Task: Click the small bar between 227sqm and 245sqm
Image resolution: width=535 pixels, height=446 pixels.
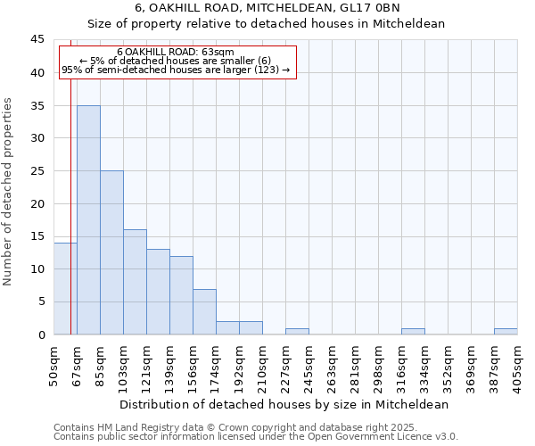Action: pos(297,331)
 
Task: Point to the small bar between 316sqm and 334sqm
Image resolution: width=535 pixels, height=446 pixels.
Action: pos(413,331)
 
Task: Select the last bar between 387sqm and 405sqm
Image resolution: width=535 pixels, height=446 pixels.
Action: pos(506,331)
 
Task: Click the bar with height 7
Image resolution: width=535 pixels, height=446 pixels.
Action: pos(204,311)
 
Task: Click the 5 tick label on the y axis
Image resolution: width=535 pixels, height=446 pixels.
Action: pos(41,301)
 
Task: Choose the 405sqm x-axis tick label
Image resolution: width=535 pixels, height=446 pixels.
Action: pos(518,365)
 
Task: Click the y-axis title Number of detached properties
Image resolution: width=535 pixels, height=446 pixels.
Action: pos(9,192)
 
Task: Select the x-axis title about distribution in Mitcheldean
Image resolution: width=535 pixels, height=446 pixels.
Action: pos(284,404)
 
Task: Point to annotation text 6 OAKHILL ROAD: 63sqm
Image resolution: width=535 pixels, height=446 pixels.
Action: pos(176,52)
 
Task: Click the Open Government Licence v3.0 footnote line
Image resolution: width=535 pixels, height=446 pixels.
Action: pos(256,437)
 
